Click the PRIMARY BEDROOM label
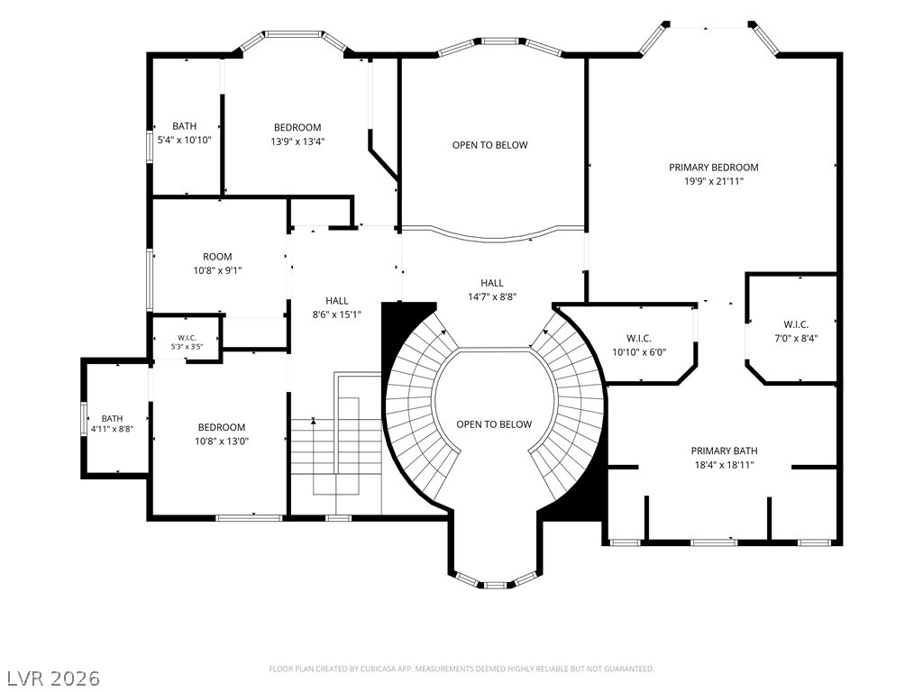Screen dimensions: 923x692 click(x=714, y=167)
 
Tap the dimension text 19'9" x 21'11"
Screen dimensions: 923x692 click(x=714, y=181)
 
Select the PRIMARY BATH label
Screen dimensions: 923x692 click(x=724, y=451)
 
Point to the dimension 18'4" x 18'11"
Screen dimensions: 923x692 click(x=724, y=465)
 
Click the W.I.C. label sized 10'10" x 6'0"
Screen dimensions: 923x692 click(x=639, y=339)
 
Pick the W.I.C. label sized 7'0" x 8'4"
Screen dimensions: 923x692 click(x=796, y=324)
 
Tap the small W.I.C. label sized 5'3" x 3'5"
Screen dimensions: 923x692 click(x=187, y=338)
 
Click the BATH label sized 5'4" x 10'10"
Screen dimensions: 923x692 click(x=184, y=126)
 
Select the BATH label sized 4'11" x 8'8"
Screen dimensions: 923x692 click(x=112, y=419)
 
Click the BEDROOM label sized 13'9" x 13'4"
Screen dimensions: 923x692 click(x=297, y=127)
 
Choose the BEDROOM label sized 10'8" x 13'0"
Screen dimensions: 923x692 click(x=222, y=427)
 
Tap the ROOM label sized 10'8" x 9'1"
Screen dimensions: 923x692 click(x=217, y=257)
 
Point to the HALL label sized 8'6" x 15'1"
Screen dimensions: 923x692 click(x=337, y=301)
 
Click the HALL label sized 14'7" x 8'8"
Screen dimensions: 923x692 click(x=492, y=283)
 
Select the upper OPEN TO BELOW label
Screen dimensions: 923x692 click(x=489, y=145)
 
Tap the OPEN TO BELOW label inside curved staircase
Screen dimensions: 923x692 click(x=494, y=424)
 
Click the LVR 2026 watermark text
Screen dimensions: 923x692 click(x=50, y=678)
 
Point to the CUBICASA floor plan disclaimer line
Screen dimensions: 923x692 click(x=461, y=669)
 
